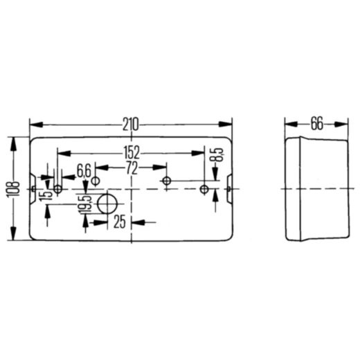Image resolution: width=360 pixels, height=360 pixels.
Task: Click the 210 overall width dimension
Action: point(130,125)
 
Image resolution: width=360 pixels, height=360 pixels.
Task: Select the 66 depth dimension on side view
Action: point(316,125)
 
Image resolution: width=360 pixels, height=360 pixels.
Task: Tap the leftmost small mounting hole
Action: point(58,189)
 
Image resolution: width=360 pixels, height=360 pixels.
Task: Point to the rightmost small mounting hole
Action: point(204,189)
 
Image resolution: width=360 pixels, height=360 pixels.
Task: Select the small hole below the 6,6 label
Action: point(96,181)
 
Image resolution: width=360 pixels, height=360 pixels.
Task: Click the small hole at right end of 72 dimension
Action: point(166,181)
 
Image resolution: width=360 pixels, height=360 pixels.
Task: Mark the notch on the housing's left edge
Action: point(33,189)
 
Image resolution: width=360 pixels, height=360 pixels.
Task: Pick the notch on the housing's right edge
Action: point(229,189)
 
